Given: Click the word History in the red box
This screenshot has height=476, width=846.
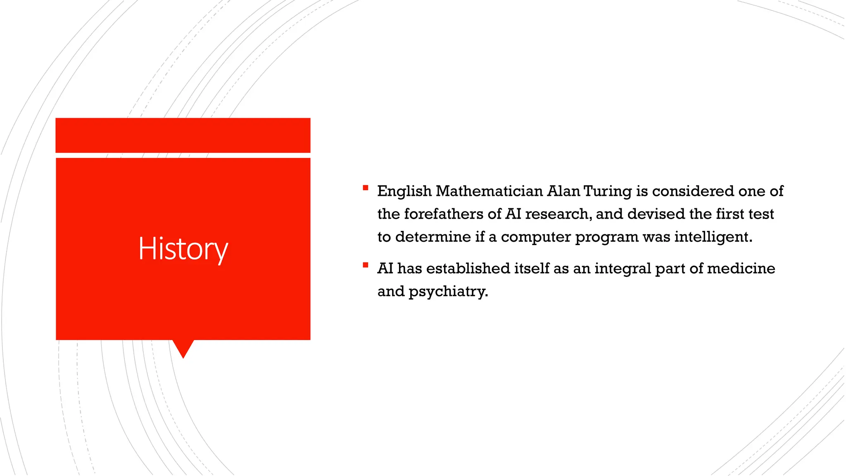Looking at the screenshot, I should click(x=183, y=249).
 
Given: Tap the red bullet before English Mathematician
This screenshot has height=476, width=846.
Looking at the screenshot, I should click(x=365, y=188).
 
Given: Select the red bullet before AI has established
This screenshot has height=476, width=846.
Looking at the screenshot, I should click(x=365, y=265).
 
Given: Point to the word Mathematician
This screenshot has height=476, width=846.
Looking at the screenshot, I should click(x=489, y=191).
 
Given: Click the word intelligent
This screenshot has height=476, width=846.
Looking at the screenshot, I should click(x=713, y=237).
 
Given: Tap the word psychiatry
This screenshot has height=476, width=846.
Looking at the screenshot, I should click(x=448, y=291).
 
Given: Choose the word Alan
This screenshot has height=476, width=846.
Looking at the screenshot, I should click(x=563, y=191).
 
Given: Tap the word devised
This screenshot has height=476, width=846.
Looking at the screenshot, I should click(x=656, y=214).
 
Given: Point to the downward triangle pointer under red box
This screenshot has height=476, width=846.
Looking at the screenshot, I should click(x=183, y=348).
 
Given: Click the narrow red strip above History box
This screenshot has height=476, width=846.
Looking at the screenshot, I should click(x=183, y=135).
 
